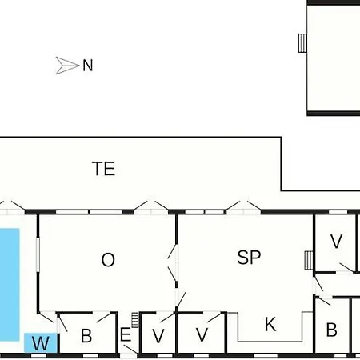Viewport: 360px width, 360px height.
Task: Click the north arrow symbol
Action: [67, 66]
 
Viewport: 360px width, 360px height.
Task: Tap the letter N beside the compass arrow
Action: [88, 66]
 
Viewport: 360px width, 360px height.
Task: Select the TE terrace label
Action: [104, 168]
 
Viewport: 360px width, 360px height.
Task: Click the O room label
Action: [108, 260]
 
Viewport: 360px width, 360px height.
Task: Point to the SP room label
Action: [249, 258]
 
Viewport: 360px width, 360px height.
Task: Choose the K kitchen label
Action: [270, 324]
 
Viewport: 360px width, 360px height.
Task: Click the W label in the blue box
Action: [41, 343]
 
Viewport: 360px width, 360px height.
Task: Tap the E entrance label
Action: [126, 334]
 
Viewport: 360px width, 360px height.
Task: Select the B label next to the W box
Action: [86, 336]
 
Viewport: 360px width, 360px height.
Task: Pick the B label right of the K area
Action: [331, 330]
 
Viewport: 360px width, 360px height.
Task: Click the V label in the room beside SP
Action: [336, 241]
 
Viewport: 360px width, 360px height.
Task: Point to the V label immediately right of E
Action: [158, 336]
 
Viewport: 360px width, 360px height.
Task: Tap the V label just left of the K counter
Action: [202, 334]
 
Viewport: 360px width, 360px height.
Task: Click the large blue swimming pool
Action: [10, 285]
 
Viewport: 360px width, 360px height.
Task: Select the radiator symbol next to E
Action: [135, 320]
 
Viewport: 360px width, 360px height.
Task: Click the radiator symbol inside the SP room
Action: [309, 260]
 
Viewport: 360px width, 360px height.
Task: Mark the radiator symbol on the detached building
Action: [302, 43]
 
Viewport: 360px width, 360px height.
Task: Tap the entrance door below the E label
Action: [130, 352]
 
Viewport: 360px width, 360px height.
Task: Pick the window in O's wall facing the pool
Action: [38, 254]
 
